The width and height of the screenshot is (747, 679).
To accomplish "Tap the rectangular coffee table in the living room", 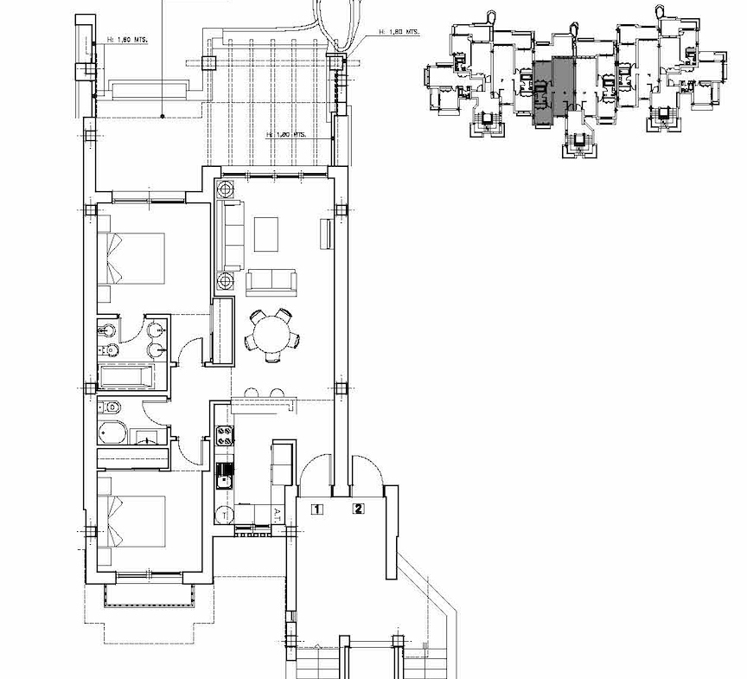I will click(266, 234).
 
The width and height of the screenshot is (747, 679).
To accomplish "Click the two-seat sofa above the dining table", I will click(271, 280).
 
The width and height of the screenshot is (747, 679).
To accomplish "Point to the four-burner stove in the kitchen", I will click(225, 438).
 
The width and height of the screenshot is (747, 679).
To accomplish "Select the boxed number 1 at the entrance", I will click(317, 509).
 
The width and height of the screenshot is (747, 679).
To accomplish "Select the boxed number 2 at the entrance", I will click(358, 509).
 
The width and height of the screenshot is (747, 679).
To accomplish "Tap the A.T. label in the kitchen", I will click(278, 513).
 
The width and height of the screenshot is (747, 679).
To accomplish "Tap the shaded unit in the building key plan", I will click(552, 91).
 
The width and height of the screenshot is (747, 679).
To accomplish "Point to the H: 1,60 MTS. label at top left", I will click(129, 39).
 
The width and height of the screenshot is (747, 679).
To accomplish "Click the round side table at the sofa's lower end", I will click(227, 280).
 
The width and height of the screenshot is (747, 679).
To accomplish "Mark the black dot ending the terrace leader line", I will click(163, 115).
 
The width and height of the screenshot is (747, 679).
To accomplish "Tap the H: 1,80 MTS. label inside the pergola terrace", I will click(287, 135).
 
